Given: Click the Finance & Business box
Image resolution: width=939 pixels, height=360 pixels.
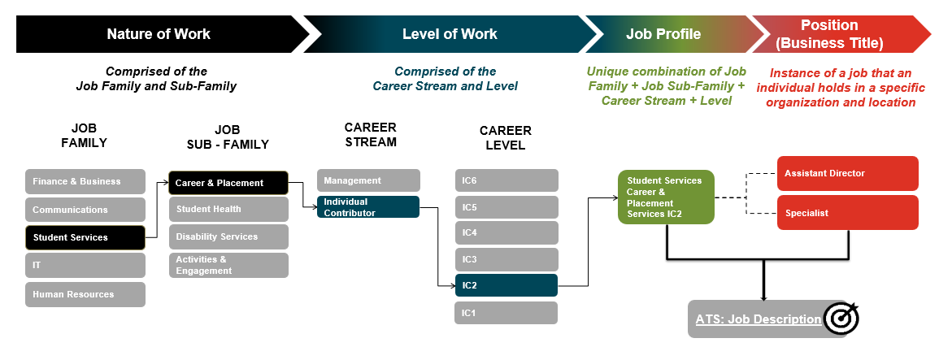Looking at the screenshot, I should (85, 181).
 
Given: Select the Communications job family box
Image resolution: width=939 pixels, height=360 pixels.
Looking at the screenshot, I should (85, 210).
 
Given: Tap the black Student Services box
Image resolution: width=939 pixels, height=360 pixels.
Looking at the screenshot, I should (85, 237).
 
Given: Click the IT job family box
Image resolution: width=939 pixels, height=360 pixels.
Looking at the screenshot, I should (85, 265).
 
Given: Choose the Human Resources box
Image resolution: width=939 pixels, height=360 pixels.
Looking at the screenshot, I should (85, 294).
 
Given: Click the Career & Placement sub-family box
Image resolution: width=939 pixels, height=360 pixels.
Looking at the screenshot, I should (228, 183).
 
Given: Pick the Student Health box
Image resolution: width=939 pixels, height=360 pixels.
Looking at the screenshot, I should (228, 209).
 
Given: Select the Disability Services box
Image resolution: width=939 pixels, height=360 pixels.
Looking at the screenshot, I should (228, 236).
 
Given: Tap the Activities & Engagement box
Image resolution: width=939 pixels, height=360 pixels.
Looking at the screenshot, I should (228, 265).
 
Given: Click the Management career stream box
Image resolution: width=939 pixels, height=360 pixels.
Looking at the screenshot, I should (368, 180).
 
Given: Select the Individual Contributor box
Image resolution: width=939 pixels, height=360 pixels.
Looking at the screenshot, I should (368, 207).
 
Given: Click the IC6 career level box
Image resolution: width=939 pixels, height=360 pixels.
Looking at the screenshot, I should (506, 180).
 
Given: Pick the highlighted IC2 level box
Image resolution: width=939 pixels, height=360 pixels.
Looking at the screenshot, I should (506, 285).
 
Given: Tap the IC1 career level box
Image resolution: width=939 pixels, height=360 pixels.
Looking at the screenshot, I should (506, 313).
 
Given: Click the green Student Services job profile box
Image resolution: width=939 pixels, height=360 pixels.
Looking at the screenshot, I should (666, 197).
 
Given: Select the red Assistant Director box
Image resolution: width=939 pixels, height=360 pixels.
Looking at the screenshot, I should (848, 173).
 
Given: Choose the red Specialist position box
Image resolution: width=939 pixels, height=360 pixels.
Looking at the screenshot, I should (848, 212).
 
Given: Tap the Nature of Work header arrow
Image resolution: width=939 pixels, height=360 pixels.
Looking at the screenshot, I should (159, 34).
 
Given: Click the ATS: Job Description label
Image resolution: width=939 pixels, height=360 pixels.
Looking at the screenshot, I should (758, 319).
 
